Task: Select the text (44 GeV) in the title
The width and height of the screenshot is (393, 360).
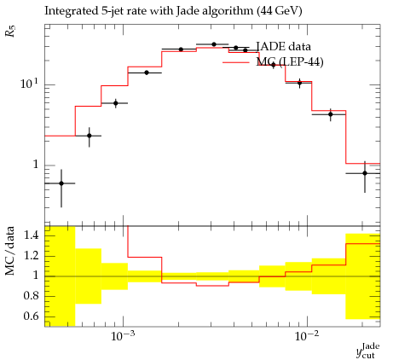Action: pos(279,11)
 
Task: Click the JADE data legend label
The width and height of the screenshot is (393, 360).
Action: pos(283,46)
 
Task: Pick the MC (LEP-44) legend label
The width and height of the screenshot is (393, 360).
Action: pos(290,61)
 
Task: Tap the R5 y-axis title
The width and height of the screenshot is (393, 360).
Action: pos(10,31)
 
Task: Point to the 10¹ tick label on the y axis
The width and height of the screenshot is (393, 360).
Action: pos(29,84)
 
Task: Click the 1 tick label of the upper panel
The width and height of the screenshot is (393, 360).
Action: pos(35,165)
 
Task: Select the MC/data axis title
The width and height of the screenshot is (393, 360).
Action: pos(9,251)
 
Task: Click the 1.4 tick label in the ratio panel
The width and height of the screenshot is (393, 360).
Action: pos(31,235)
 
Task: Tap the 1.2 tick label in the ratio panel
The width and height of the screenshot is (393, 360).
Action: pos(31,255)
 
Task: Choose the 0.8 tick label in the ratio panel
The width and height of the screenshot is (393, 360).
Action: pos(31,296)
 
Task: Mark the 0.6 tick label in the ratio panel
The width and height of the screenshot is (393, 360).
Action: pos(31,316)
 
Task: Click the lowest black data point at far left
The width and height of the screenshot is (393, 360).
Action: pos(61,183)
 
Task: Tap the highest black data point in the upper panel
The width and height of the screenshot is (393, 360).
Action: pos(214,44)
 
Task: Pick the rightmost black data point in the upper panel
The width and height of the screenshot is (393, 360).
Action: pos(365,173)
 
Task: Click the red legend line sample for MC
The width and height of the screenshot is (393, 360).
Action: pos(236,62)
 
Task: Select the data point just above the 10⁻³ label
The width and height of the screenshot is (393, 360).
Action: pos(115,103)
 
